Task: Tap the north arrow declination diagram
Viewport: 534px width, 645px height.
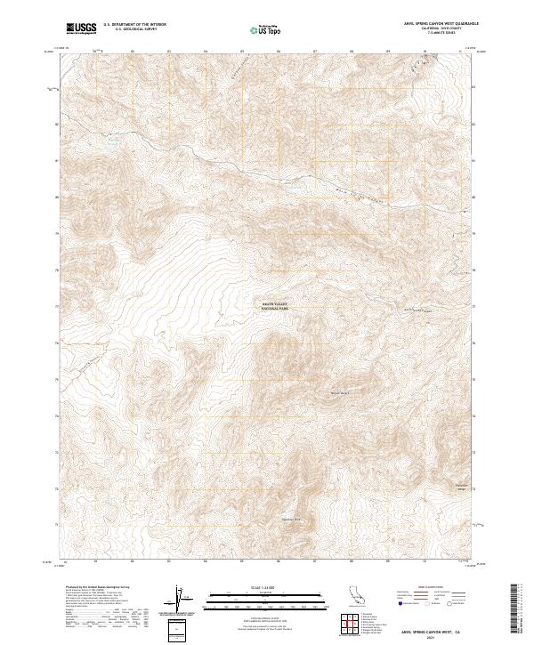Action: tap(175, 602)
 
